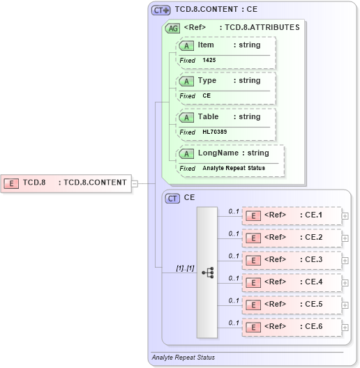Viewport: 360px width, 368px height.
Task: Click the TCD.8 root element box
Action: pos(66,183)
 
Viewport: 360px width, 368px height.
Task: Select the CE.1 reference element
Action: pos(292,215)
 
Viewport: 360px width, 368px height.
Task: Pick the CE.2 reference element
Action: pos(292,238)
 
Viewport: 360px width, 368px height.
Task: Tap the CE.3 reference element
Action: pos(292,260)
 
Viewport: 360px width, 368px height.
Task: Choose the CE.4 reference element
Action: pos(292,282)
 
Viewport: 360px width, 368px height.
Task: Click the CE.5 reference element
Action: pos(292,305)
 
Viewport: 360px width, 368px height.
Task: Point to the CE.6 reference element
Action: pos(292,327)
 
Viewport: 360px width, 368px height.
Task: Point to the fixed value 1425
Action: pos(210,61)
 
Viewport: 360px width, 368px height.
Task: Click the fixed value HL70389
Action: pos(215,132)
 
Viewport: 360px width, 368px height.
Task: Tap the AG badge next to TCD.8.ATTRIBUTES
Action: pos(172,29)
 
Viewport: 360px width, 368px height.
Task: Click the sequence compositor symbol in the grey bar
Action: pos(208,273)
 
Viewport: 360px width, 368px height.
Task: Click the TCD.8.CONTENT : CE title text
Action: pos(216,10)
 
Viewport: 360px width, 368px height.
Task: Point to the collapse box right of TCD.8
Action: pos(135,183)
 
